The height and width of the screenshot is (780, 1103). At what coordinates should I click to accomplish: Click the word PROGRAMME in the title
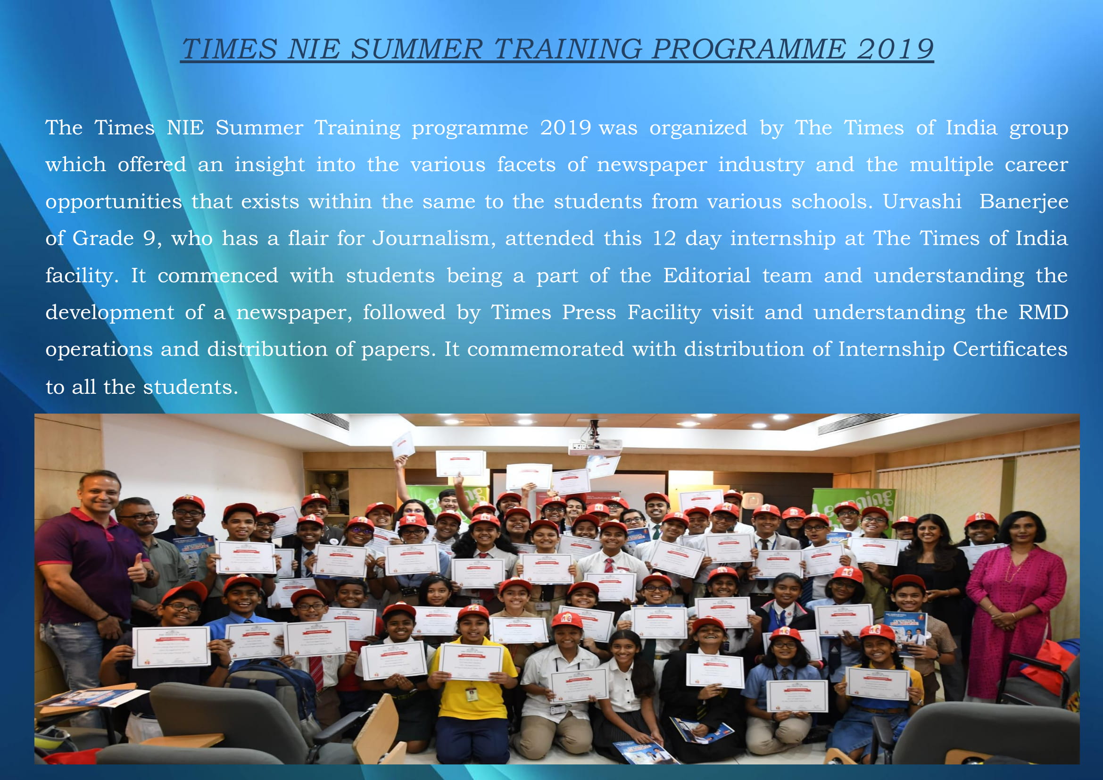point(749,49)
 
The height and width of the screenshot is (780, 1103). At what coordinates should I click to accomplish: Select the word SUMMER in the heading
point(416,49)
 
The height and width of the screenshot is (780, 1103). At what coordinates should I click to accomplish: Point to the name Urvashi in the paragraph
point(922,201)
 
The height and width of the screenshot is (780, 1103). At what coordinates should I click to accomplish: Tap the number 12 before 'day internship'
point(664,239)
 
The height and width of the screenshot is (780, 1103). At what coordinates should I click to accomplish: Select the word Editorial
point(707,275)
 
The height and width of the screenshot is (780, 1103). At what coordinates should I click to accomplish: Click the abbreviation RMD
point(1044,312)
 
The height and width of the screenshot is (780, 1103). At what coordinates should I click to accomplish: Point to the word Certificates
point(1010,349)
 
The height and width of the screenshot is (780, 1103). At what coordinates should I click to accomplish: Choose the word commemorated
point(546,349)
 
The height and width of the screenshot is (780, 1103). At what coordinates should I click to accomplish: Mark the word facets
point(526,164)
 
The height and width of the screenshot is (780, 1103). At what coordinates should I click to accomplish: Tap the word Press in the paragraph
point(589,312)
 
